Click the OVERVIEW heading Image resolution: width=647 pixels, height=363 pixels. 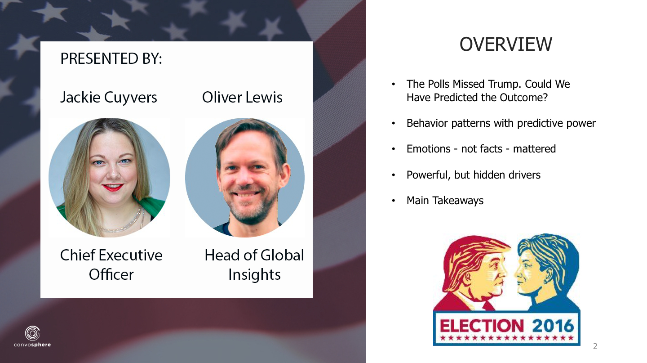506,44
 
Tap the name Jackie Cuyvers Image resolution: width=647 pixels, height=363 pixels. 109,97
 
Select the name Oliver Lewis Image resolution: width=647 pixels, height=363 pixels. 242,97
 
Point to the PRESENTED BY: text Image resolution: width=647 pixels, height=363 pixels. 111,58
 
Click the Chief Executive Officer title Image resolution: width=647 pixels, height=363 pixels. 111,264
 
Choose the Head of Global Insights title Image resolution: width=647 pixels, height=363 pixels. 254,264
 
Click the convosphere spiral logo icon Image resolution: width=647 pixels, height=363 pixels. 32,333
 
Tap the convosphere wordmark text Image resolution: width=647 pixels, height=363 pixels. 32,345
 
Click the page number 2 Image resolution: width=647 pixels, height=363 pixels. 595,346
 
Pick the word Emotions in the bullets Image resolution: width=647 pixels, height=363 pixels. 428,149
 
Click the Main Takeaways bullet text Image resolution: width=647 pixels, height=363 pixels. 445,201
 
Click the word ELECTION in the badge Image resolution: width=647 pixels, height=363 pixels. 482,326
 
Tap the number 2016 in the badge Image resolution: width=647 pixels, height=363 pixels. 553,326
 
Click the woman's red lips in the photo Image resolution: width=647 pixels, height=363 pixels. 113,187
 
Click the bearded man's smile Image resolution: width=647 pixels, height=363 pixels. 245,194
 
